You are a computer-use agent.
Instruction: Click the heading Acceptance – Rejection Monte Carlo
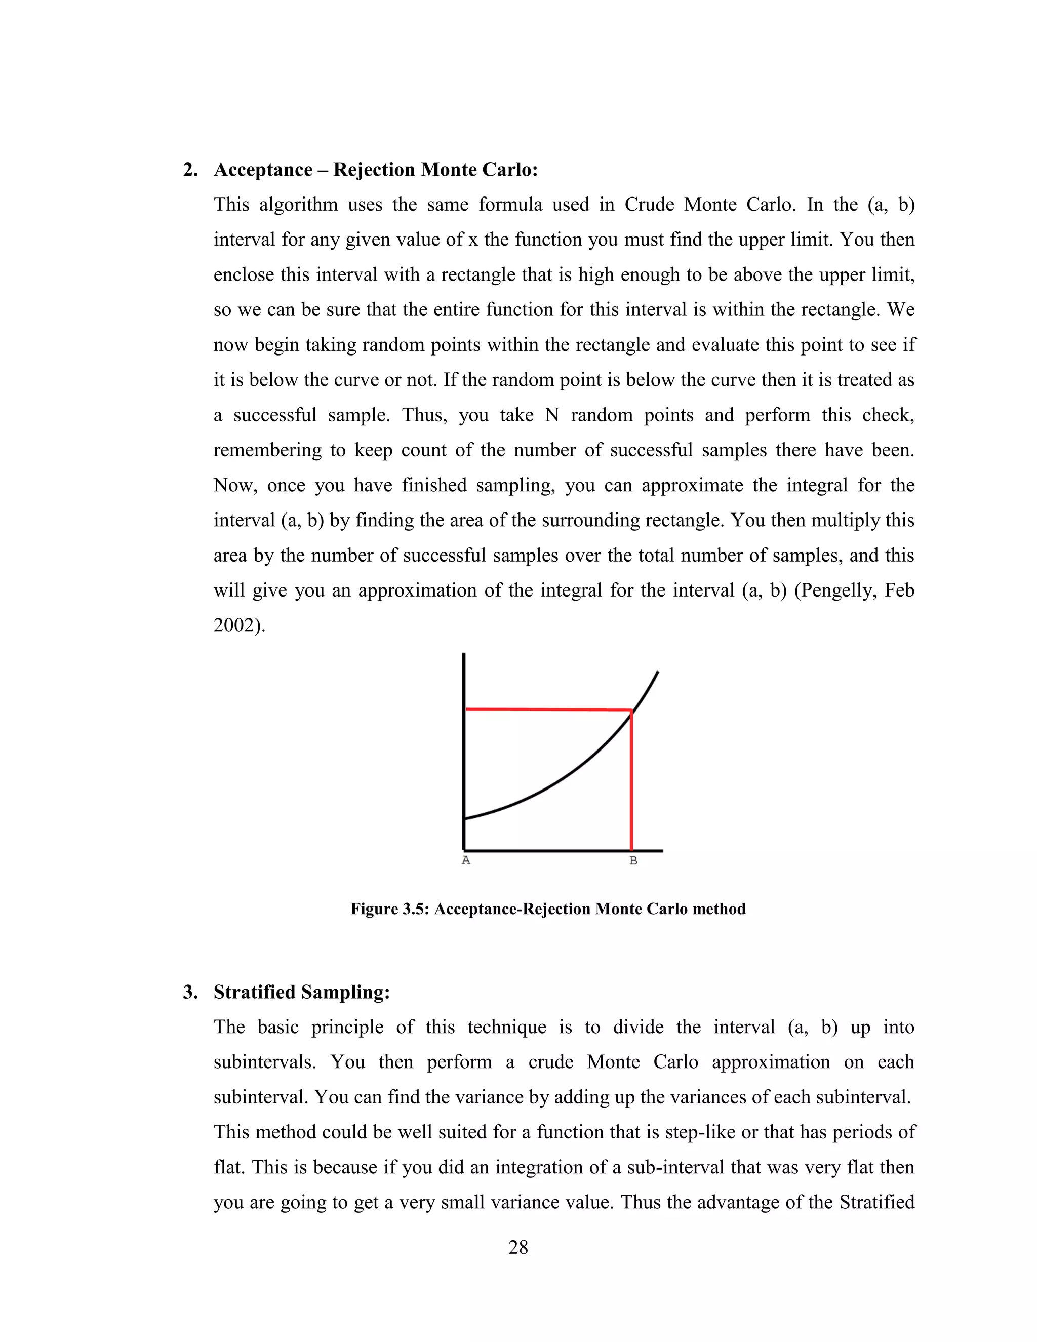[x=375, y=170]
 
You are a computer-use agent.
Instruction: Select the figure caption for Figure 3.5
[x=547, y=909]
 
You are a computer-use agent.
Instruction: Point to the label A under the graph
[x=466, y=860]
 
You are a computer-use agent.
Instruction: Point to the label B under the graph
[x=633, y=861]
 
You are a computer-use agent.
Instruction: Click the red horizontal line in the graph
[x=547, y=709]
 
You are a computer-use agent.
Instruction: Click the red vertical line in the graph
[x=631, y=786]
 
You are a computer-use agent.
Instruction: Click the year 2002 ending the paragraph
[x=235, y=625]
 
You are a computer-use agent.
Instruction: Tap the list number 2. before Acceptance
[x=190, y=170]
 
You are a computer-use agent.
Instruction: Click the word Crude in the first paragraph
[x=649, y=205]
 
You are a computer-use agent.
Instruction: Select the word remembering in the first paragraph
[x=267, y=450]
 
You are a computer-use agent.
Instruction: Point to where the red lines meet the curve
[x=631, y=711]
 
